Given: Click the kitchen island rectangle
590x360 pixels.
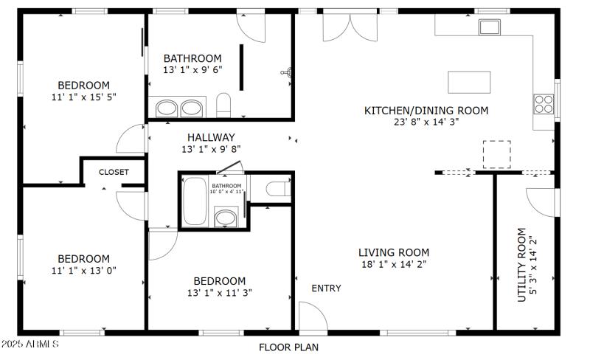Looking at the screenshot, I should [x=468, y=79].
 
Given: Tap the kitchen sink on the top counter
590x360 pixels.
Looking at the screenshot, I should [x=490, y=28].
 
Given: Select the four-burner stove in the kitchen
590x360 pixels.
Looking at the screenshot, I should [x=544, y=104].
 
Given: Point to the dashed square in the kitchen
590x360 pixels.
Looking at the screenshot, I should [x=496, y=154].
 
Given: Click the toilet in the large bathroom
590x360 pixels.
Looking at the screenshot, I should [x=224, y=105].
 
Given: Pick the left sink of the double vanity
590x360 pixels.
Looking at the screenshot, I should [x=167, y=108].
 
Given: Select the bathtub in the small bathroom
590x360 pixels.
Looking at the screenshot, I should [x=195, y=201].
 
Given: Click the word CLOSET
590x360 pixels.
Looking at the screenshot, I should [x=114, y=172].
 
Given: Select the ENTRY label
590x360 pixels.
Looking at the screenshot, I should [x=326, y=288].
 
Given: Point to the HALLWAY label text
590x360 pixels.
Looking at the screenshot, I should [x=211, y=137].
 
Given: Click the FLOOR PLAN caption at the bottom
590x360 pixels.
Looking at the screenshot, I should [x=288, y=347].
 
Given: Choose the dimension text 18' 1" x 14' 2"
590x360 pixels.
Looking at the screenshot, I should [x=394, y=263].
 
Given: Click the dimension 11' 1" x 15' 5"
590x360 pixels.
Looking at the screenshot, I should [x=84, y=97].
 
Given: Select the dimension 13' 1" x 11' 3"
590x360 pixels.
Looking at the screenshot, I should [x=219, y=292].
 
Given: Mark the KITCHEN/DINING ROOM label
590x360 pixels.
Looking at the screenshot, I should [x=426, y=111].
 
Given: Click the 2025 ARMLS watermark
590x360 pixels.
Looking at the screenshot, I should [x=30, y=345].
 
